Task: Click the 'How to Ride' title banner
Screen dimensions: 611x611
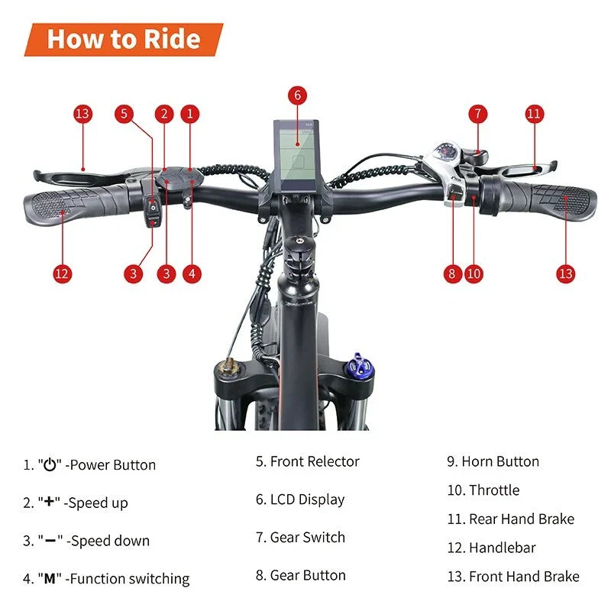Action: [124, 39]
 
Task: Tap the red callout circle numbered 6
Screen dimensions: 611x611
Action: [298, 95]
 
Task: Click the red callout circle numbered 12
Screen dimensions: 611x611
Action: [63, 273]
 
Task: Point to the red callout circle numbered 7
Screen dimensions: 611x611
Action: [477, 115]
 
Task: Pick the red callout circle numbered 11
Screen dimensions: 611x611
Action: [534, 115]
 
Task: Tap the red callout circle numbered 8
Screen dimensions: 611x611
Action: [453, 273]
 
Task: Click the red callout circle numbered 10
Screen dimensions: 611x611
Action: [474, 273]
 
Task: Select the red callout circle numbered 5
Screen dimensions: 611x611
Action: [124, 115]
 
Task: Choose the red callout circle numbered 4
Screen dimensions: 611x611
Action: [192, 273]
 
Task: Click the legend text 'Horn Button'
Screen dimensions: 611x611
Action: [500, 461]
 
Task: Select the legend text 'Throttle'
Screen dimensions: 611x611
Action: [493, 490]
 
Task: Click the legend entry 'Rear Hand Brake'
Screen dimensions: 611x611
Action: [521, 519]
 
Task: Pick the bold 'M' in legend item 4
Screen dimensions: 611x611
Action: [50, 578]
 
